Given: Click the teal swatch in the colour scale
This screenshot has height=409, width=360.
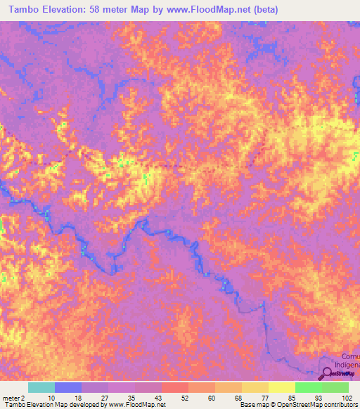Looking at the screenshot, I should click(41, 387).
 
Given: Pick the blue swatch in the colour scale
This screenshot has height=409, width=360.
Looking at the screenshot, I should click(68, 387).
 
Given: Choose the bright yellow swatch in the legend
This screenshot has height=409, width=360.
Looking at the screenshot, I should click(281, 387).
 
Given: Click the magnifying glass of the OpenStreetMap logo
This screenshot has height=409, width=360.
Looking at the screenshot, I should click(328, 373).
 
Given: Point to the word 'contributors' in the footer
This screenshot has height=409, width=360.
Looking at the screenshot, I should click(339, 405).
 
